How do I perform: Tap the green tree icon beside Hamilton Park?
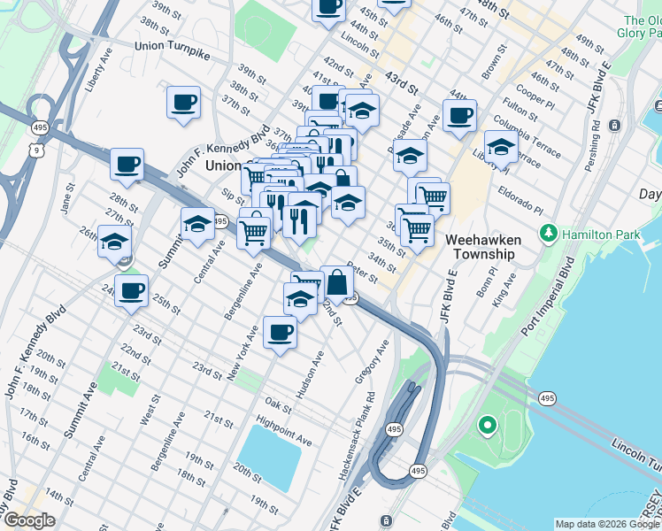tap(550, 233)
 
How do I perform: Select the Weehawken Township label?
tap(480, 247)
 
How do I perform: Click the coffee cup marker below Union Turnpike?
tap(183, 102)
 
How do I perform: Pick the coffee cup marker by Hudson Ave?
tap(281, 333)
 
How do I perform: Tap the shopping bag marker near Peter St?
tap(337, 282)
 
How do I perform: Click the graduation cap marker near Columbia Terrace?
tap(501, 147)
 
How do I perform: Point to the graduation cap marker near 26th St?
tap(114, 241)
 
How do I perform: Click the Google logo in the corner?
tap(29, 521)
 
